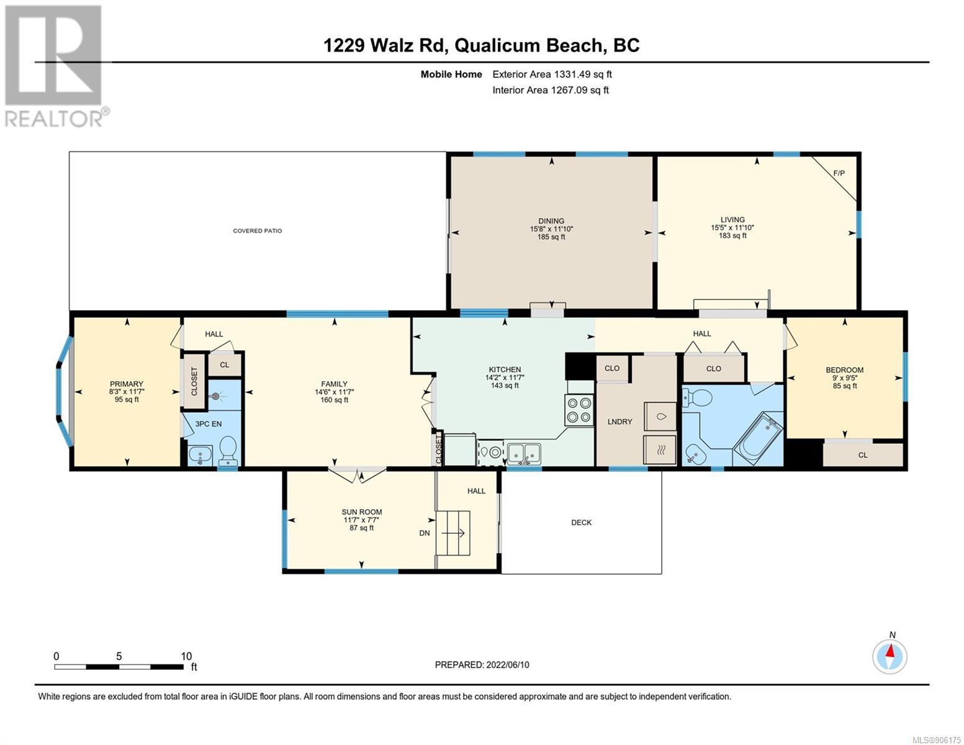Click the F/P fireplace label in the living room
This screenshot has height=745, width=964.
(x=839, y=173)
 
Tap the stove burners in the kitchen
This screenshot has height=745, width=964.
(x=579, y=410)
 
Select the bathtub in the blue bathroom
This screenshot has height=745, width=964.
(x=758, y=436)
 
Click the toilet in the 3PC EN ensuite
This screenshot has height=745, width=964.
(x=228, y=451)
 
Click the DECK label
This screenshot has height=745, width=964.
(x=581, y=522)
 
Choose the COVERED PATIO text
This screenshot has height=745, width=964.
(x=258, y=231)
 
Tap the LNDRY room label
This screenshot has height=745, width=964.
(x=619, y=422)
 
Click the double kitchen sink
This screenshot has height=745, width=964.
(x=524, y=453)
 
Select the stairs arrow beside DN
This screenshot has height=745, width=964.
(x=453, y=533)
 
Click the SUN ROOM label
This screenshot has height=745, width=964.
(x=361, y=512)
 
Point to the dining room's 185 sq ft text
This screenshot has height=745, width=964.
(x=551, y=237)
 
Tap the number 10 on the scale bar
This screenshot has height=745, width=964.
(x=186, y=656)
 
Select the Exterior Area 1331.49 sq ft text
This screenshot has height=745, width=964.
(x=552, y=74)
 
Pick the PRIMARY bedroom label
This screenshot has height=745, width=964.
(x=127, y=384)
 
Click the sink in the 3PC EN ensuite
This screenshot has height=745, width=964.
(x=200, y=455)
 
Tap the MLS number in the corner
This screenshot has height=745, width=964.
(x=937, y=739)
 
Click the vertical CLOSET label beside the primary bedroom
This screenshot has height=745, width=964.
(x=194, y=381)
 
